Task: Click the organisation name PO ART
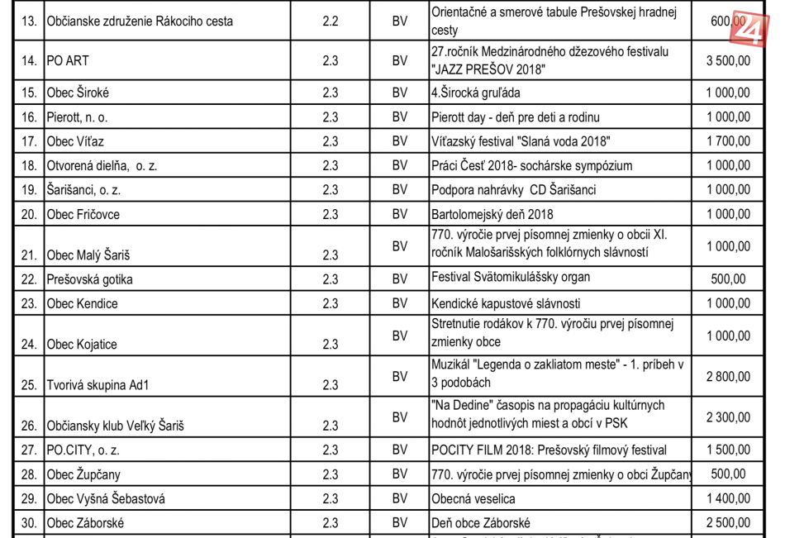click(x=68, y=61)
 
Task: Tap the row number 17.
click(x=29, y=142)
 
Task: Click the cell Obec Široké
click(x=78, y=93)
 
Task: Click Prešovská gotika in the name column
click(x=90, y=279)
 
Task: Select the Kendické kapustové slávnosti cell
click(x=506, y=303)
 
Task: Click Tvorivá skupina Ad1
click(x=98, y=385)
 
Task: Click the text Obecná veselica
click(x=473, y=498)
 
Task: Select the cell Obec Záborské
click(x=86, y=523)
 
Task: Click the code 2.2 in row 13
click(x=331, y=21)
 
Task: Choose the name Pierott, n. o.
click(x=78, y=117)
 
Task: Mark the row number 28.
click(x=29, y=474)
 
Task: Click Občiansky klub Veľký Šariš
click(x=116, y=426)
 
